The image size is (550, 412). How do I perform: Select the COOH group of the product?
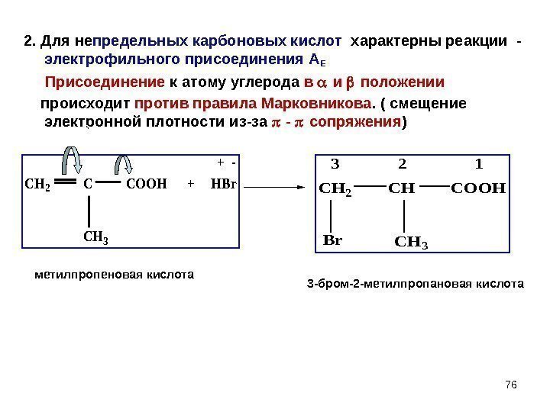coord(479,185)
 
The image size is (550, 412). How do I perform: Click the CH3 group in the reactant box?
coord(95,237)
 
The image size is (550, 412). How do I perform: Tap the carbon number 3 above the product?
coord(334,163)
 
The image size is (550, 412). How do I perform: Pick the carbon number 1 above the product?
coord(479,163)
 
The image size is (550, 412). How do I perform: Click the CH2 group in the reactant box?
coord(37,184)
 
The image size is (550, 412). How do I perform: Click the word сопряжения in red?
coord(360,121)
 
